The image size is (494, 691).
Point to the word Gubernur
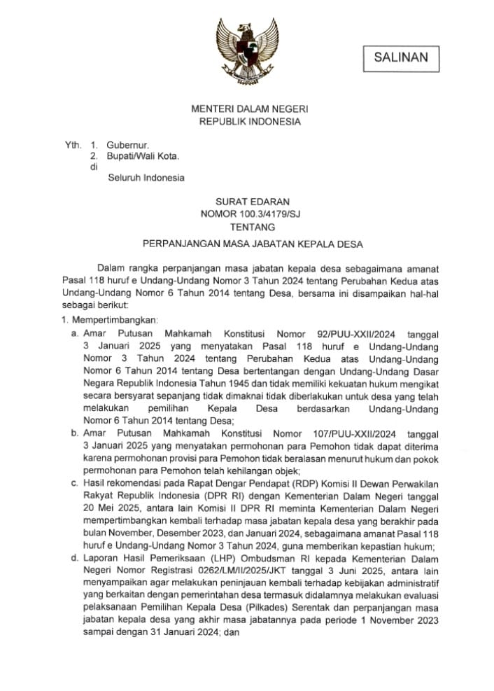pyautogui.click(x=125, y=146)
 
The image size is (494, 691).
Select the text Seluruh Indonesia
pyautogui.click(x=146, y=177)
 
